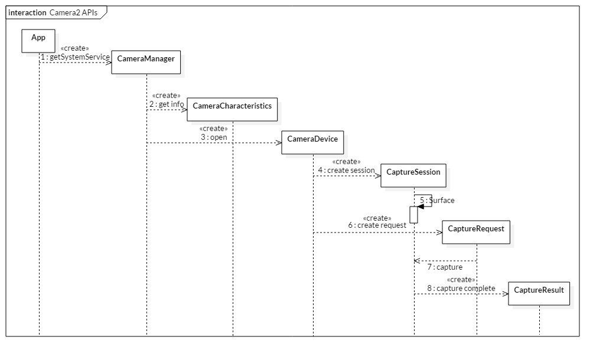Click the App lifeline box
(x=38, y=40)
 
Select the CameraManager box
(x=146, y=62)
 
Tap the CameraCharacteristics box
(x=232, y=110)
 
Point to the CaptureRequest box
(x=476, y=233)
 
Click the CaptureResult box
(x=539, y=293)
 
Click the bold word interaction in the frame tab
(x=27, y=12)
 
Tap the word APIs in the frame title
(x=90, y=12)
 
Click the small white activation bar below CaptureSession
(x=413, y=214)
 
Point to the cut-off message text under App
(x=50, y=55)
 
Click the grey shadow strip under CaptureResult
(x=542, y=307)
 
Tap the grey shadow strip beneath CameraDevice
(x=315, y=156)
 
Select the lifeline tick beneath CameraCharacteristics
(x=233, y=123)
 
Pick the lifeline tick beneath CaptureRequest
(x=477, y=245)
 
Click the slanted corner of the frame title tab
(x=103, y=14)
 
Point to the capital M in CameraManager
(x=147, y=58)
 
